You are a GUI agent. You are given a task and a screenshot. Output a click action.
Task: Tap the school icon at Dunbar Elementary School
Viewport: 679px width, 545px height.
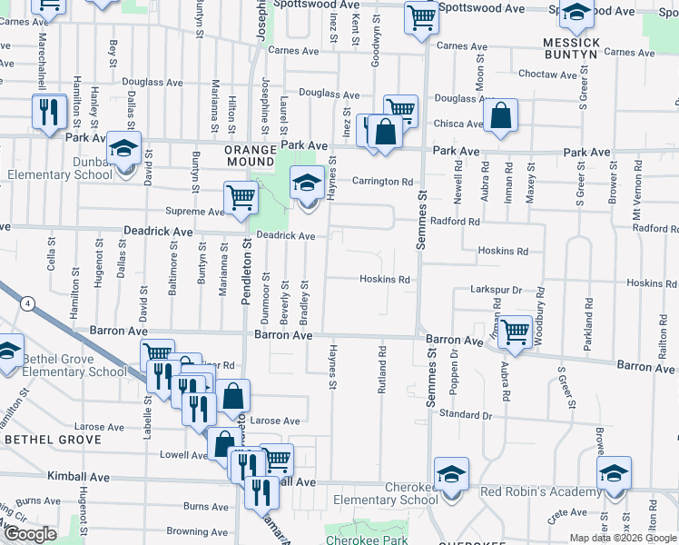[123, 148]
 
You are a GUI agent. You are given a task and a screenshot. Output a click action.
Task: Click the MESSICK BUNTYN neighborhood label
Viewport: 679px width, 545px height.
[571, 49]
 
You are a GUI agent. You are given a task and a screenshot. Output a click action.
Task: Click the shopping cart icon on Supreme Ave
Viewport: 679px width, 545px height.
[241, 198]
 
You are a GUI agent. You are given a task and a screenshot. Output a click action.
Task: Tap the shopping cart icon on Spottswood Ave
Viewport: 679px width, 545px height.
[421, 16]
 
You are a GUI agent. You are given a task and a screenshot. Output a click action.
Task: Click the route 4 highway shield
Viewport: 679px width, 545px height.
[29, 303]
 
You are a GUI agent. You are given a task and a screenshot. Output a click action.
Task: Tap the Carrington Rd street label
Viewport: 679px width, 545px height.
[383, 181]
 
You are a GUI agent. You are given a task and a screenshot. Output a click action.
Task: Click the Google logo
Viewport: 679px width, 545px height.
[31, 533]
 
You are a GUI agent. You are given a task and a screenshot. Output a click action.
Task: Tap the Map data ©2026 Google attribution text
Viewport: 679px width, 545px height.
[623, 538]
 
